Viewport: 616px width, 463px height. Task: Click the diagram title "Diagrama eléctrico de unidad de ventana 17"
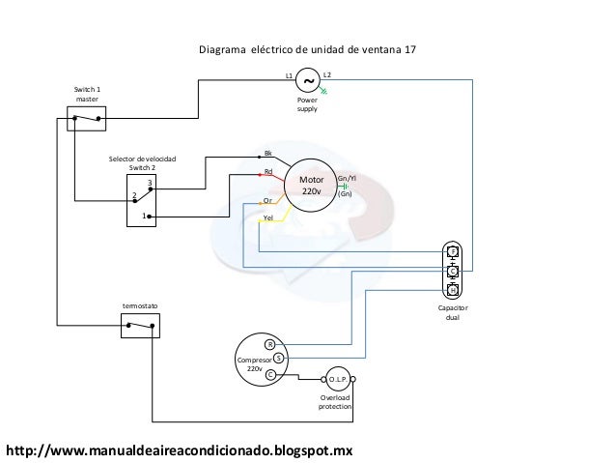coord(307,48)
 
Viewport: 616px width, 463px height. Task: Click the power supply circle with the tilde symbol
coord(307,81)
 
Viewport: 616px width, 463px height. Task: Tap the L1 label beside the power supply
coord(288,74)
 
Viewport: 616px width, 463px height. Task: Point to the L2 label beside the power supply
coord(327,74)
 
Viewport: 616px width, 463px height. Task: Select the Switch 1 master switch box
coord(86,121)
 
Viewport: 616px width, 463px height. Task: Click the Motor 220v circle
coord(310,186)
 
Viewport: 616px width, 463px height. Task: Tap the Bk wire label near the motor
coord(268,154)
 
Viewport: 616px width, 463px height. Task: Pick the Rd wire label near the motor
coord(268,173)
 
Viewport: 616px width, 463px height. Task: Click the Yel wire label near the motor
coord(268,217)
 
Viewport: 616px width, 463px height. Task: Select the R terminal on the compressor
coord(270,344)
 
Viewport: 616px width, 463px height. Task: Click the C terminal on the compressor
coord(270,373)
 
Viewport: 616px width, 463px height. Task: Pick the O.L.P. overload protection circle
coord(336,379)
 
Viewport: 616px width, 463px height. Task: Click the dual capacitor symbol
coord(452,271)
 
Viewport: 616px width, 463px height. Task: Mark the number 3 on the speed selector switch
coord(150,183)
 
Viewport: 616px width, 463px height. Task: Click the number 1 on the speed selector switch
coord(144,216)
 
